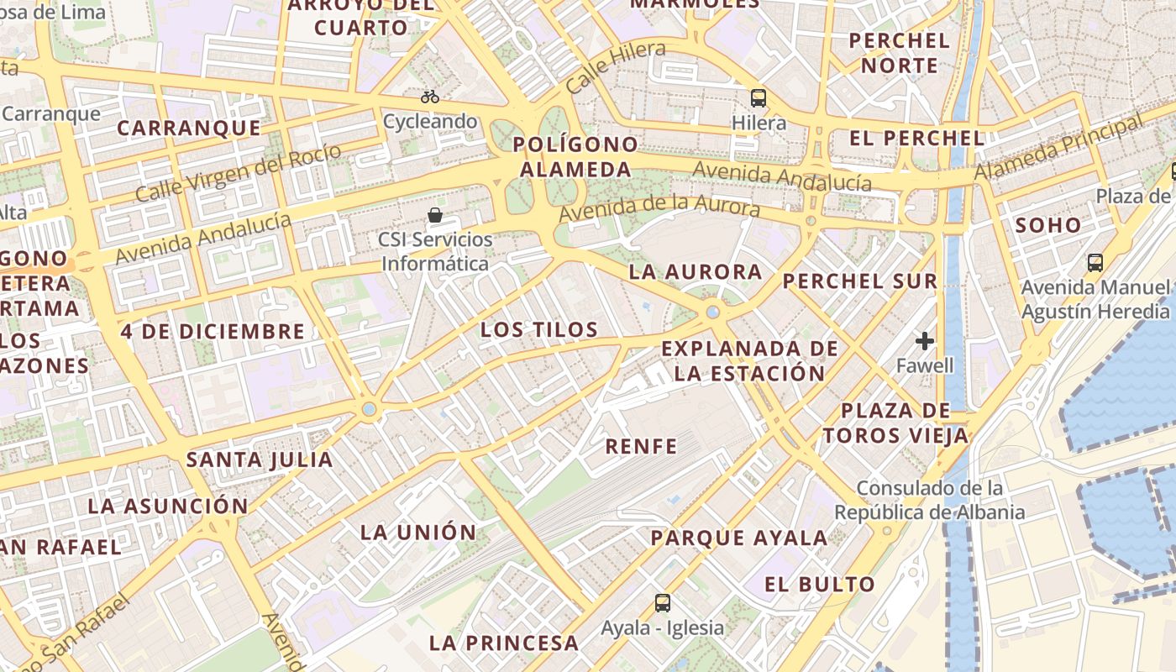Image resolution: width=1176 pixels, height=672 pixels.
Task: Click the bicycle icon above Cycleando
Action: click(430, 97)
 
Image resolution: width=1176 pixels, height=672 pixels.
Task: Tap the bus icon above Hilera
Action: click(759, 97)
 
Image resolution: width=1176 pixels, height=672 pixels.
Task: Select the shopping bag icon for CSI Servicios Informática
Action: click(435, 215)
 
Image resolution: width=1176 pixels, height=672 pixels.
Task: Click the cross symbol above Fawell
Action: click(925, 341)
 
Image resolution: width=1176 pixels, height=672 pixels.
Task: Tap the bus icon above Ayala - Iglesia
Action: click(663, 602)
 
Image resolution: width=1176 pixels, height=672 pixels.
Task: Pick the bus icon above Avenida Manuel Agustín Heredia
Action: click(1095, 262)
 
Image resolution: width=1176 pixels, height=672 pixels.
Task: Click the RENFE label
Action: click(641, 446)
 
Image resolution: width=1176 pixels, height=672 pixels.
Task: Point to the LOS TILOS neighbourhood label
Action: click(539, 329)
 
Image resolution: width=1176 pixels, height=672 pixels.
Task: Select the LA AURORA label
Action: click(696, 271)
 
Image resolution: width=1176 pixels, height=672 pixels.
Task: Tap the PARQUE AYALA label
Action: click(739, 538)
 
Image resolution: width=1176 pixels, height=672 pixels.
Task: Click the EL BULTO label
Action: click(820, 584)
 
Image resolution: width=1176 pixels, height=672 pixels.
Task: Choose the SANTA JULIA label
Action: click(260, 459)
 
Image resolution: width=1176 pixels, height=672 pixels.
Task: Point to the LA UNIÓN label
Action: click(418, 532)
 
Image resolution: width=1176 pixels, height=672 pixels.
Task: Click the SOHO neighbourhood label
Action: click(1048, 225)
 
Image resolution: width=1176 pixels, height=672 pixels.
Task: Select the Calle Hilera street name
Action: click(616, 66)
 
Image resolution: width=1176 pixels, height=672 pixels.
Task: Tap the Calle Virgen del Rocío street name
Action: click(239, 173)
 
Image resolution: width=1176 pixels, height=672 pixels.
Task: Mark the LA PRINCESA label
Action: click(504, 643)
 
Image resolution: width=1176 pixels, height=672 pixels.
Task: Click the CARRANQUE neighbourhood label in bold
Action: click(188, 128)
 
